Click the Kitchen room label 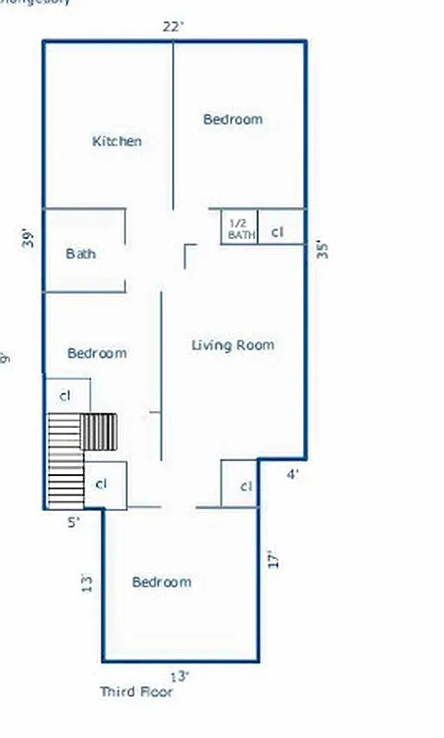click(x=117, y=141)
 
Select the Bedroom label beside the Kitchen click(x=232, y=119)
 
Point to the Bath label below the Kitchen click(x=81, y=254)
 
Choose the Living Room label click(x=233, y=345)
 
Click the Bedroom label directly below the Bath click(x=97, y=353)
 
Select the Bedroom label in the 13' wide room click(x=161, y=582)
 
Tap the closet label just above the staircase click(x=65, y=396)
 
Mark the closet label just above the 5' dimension click(x=101, y=483)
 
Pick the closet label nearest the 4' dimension click(x=246, y=486)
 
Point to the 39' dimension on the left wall click(x=30, y=238)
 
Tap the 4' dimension click(x=292, y=475)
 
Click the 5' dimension click(x=74, y=521)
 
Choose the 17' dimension click(x=272, y=559)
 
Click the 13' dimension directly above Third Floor click(x=181, y=676)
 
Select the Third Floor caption click(x=136, y=691)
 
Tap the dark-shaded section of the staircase click(x=99, y=431)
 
